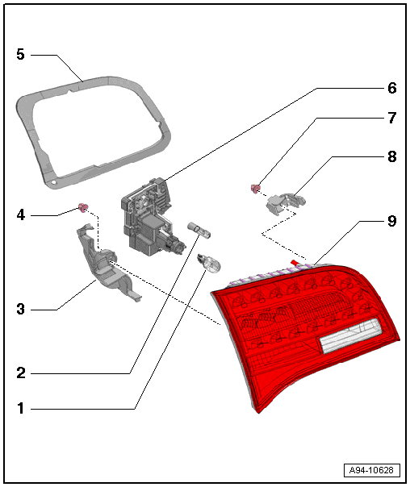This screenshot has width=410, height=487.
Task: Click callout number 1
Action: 21,408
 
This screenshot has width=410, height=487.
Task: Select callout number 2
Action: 21,373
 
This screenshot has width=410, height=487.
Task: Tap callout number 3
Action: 20,309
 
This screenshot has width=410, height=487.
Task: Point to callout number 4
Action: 20,214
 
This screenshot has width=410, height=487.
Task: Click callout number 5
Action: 20,54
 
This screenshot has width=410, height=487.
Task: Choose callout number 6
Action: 392,88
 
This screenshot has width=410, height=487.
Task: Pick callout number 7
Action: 392,118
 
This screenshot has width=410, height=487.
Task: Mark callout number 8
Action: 392,156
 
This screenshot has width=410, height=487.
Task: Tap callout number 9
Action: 392,221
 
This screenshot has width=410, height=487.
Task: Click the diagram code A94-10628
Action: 371,470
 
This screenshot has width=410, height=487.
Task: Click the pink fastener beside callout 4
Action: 83,207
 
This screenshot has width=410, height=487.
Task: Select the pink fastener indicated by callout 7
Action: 255,188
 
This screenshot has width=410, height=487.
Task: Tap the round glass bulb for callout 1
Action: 208,263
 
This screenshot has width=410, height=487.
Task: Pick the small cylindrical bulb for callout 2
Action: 199,230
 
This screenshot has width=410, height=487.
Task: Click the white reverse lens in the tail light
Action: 349,335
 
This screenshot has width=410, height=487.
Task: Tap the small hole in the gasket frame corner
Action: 54,182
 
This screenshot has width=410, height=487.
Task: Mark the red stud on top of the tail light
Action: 294,264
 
